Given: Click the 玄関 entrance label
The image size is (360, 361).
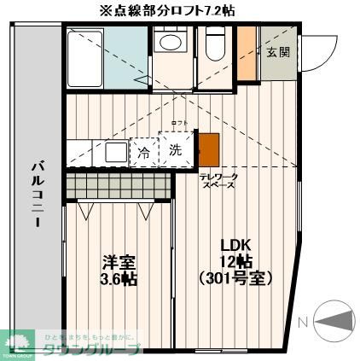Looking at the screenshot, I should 278,52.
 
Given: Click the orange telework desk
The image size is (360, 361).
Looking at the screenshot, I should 208,148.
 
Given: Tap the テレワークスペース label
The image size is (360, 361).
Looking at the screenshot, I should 218,180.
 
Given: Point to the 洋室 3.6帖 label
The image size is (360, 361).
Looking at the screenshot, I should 119,269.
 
